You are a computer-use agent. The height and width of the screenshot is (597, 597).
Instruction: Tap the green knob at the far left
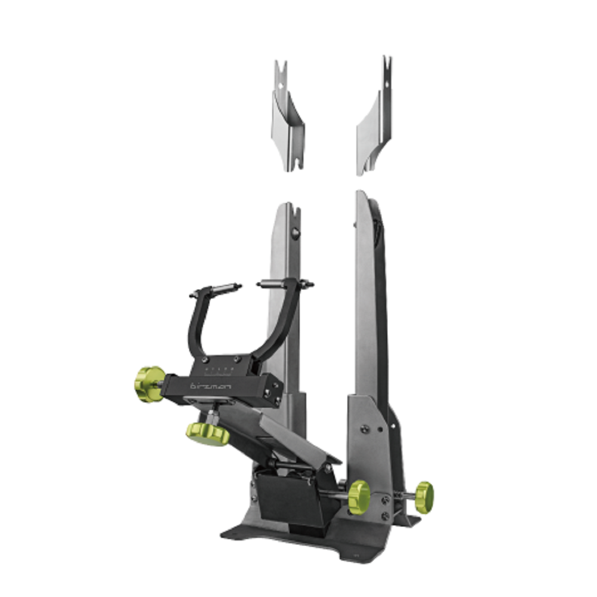(x=148, y=384)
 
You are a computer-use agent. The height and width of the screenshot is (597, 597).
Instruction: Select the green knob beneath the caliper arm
(x=207, y=433)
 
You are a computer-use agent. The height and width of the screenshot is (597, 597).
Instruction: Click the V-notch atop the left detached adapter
(x=281, y=67)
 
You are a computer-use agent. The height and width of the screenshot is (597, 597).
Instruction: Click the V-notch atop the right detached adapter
(x=387, y=63)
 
